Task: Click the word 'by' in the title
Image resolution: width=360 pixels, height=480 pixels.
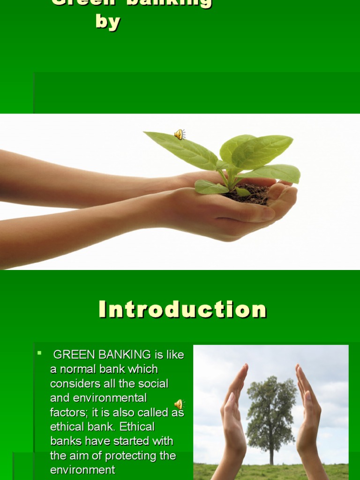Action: point(108,22)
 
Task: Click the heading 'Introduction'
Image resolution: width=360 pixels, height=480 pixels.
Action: point(182,309)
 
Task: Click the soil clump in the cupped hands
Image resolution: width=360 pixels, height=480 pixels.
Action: point(251,193)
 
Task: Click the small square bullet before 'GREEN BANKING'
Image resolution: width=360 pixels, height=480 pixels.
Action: point(40,353)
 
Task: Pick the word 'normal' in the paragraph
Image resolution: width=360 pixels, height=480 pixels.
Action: point(75,369)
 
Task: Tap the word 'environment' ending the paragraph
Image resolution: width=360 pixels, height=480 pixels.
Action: point(82,470)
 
